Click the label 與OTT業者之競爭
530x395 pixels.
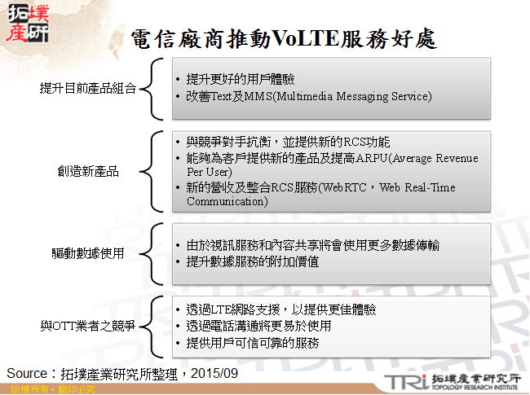[89, 326]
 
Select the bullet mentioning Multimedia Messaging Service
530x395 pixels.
[308, 96]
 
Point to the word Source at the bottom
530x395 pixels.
[28, 372]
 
